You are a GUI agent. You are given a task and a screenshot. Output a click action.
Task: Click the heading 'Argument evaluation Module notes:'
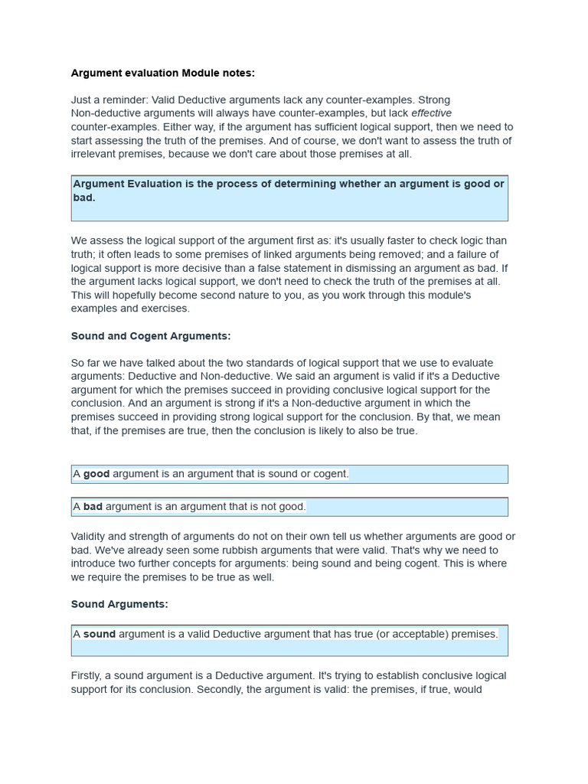[x=162, y=73]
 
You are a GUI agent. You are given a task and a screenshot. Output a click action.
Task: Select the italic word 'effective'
[x=432, y=113]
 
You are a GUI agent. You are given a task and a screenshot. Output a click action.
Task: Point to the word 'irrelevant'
[x=96, y=154]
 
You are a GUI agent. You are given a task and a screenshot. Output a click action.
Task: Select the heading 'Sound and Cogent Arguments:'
[x=151, y=336]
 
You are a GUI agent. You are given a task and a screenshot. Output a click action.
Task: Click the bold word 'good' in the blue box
[x=96, y=474]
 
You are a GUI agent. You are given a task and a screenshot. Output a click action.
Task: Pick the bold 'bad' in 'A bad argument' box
[x=93, y=506]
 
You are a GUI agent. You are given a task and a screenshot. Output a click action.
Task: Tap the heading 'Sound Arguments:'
[x=119, y=604]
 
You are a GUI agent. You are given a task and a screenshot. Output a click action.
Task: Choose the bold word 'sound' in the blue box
[x=99, y=634]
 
